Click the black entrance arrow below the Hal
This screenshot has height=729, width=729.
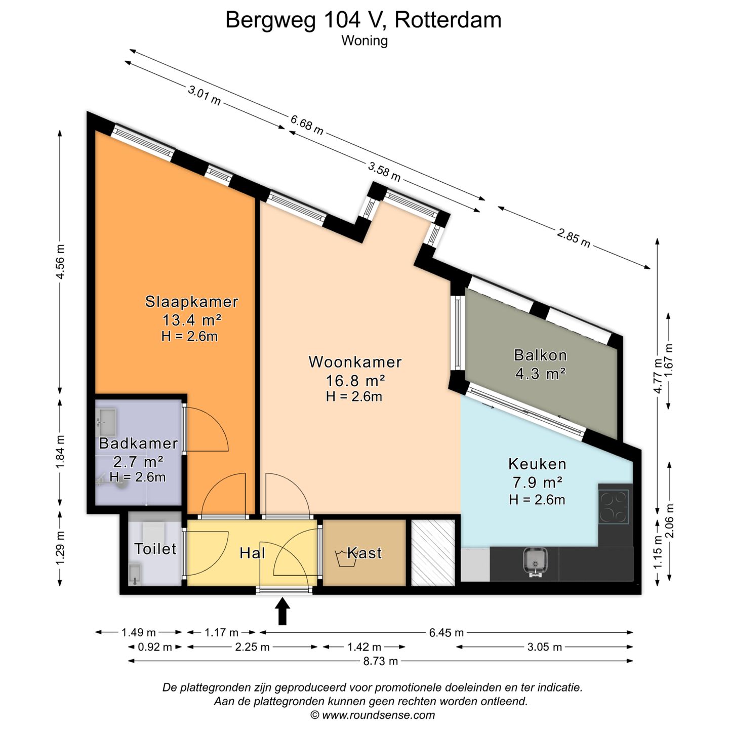point(282,611)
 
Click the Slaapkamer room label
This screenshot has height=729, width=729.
point(192,302)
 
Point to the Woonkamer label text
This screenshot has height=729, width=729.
point(355,362)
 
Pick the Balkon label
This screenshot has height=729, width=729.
point(540,355)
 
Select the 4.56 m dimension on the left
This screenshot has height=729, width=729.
point(60,262)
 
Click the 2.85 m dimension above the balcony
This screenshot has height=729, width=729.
point(574,238)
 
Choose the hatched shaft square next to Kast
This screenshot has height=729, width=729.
point(433,553)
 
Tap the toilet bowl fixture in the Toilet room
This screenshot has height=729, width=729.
point(153,533)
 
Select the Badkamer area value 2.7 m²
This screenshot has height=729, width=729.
point(139,462)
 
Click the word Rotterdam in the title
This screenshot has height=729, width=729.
point(448,20)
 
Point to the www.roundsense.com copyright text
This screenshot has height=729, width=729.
point(373,715)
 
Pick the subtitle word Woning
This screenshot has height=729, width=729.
point(364,40)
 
